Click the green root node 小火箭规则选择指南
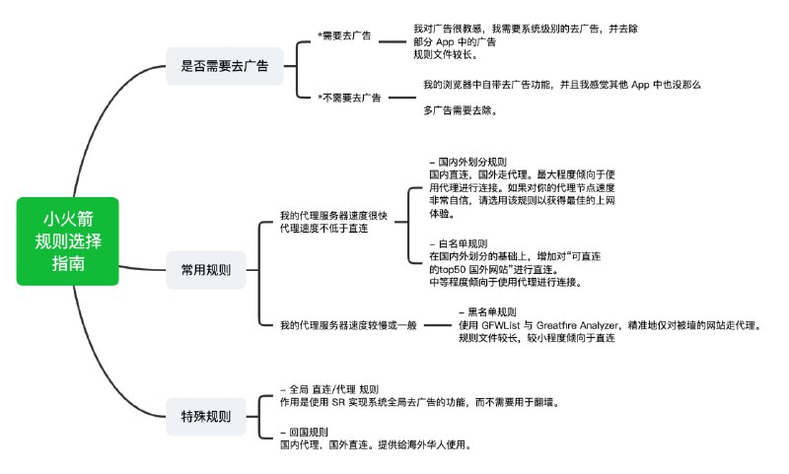[x=68, y=241]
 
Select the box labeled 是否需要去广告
[x=224, y=67]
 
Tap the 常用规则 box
[x=206, y=269]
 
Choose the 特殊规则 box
[x=206, y=416]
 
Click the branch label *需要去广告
[x=344, y=36]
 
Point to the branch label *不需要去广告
[x=350, y=97]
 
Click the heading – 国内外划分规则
[x=468, y=161]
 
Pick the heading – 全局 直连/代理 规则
[x=329, y=389]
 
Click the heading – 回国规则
[x=305, y=432]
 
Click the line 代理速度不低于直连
[x=323, y=229]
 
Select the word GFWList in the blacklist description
[x=504, y=324]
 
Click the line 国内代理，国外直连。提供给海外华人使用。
[x=376, y=444]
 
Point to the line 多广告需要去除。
[x=461, y=110]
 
